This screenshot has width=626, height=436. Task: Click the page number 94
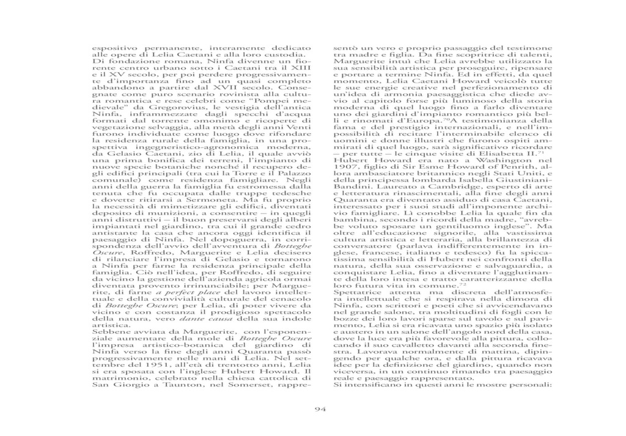tap(313, 410)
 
